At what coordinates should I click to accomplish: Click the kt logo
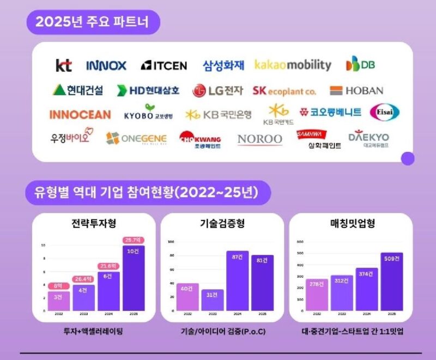64,65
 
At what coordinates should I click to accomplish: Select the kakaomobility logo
293,65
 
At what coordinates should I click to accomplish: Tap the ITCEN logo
163,65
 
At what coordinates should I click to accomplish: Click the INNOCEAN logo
80,114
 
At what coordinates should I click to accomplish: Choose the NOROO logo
260,139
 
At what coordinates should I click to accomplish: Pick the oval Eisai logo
380,112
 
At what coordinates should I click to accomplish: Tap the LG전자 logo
217,90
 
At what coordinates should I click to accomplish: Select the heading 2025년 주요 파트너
93,22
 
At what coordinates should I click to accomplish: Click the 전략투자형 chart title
93,224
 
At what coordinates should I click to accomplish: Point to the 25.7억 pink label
133,240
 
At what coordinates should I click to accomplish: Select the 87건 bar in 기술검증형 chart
237,280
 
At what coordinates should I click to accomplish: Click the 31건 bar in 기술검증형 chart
212,300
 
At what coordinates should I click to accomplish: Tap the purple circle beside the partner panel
407,158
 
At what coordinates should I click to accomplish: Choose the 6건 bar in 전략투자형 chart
108,291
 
